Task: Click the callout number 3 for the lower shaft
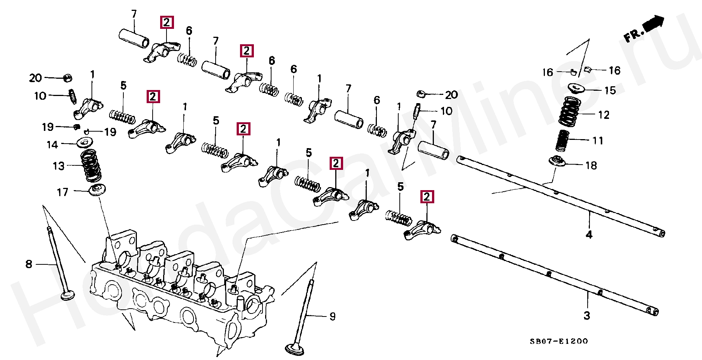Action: pyautogui.click(x=587, y=316)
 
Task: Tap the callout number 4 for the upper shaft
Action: pyautogui.click(x=589, y=235)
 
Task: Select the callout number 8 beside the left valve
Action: pyautogui.click(x=29, y=264)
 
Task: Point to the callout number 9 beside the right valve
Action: pyautogui.click(x=333, y=316)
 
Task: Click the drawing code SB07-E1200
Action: pyautogui.click(x=559, y=341)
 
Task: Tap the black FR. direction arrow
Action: pyautogui.click(x=653, y=24)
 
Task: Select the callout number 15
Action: pyautogui.click(x=610, y=90)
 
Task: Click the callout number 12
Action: pyautogui.click(x=604, y=115)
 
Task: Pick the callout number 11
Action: pyautogui.click(x=598, y=141)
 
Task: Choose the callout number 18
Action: pyautogui.click(x=591, y=165)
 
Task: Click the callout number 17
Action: pyautogui.click(x=63, y=192)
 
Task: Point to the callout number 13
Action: pyautogui.click(x=58, y=166)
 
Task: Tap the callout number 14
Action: pyautogui.click(x=52, y=145)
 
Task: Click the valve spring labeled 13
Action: pyautogui.click(x=91, y=165)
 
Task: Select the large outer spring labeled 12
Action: pyautogui.click(x=570, y=111)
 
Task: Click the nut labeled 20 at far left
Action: pyautogui.click(x=67, y=78)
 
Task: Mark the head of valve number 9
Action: pyautogui.click(x=294, y=349)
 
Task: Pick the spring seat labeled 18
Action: pyautogui.click(x=558, y=161)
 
